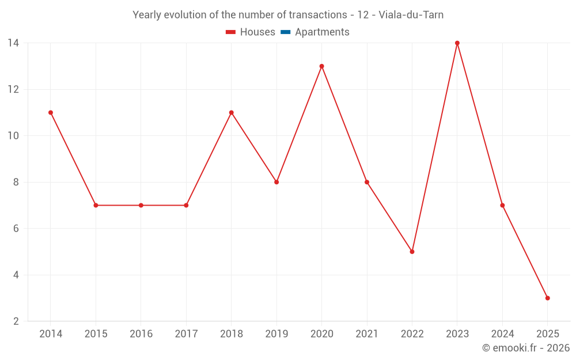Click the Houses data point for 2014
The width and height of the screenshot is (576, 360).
click(51, 112)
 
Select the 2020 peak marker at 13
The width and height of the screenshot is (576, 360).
click(321, 66)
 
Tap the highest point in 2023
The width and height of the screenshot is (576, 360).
click(457, 43)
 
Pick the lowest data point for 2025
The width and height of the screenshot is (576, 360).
click(547, 298)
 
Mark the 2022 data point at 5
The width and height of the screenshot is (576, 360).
click(412, 252)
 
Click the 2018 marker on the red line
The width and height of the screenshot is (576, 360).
click(231, 112)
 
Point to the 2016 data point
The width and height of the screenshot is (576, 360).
click(141, 205)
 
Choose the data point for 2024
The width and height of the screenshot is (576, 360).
click(502, 205)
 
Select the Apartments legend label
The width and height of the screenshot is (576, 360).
click(322, 32)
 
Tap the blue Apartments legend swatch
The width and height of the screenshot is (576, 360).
click(285, 32)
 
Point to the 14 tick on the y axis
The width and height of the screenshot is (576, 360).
click(13, 43)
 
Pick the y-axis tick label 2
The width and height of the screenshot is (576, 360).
click(16, 321)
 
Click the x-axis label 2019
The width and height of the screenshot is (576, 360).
click(276, 334)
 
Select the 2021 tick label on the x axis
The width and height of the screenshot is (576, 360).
click(367, 334)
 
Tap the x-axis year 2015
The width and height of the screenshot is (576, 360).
click(96, 334)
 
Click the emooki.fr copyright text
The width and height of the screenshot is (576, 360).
click(525, 348)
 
